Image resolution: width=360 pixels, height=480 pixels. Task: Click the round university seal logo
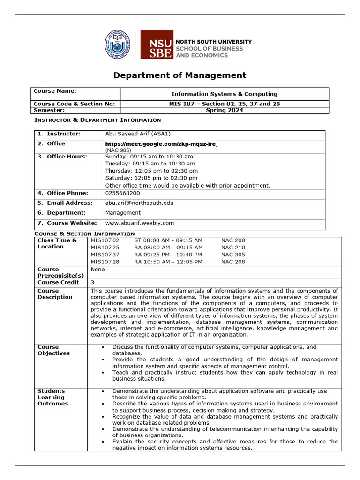coord(117,45)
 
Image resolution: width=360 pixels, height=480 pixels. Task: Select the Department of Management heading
coord(180,75)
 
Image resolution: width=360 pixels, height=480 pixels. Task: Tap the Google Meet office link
coord(160,144)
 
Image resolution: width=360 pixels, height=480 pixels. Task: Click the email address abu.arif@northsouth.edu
coord(140,203)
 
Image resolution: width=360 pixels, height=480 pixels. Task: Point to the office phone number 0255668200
coord(122,193)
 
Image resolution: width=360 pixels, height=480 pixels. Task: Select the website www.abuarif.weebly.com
coord(140,223)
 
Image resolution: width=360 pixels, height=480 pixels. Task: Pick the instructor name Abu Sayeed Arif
coord(132,134)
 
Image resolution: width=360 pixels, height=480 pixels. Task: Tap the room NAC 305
coord(233,255)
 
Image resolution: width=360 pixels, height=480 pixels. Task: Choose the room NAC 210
coord(233,247)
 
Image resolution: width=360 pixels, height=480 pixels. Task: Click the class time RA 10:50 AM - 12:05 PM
coord(168,262)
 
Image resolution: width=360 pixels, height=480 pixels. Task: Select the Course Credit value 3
coord(92,283)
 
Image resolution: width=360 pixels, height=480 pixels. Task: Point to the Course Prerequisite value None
coord(97,270)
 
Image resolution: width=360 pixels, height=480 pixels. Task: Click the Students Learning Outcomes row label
coord(52,397)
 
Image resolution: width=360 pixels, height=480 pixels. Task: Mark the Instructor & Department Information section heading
coord(98,120)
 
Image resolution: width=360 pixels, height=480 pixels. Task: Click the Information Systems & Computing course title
coord(224,94)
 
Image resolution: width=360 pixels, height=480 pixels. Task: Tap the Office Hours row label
coord(67,157)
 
